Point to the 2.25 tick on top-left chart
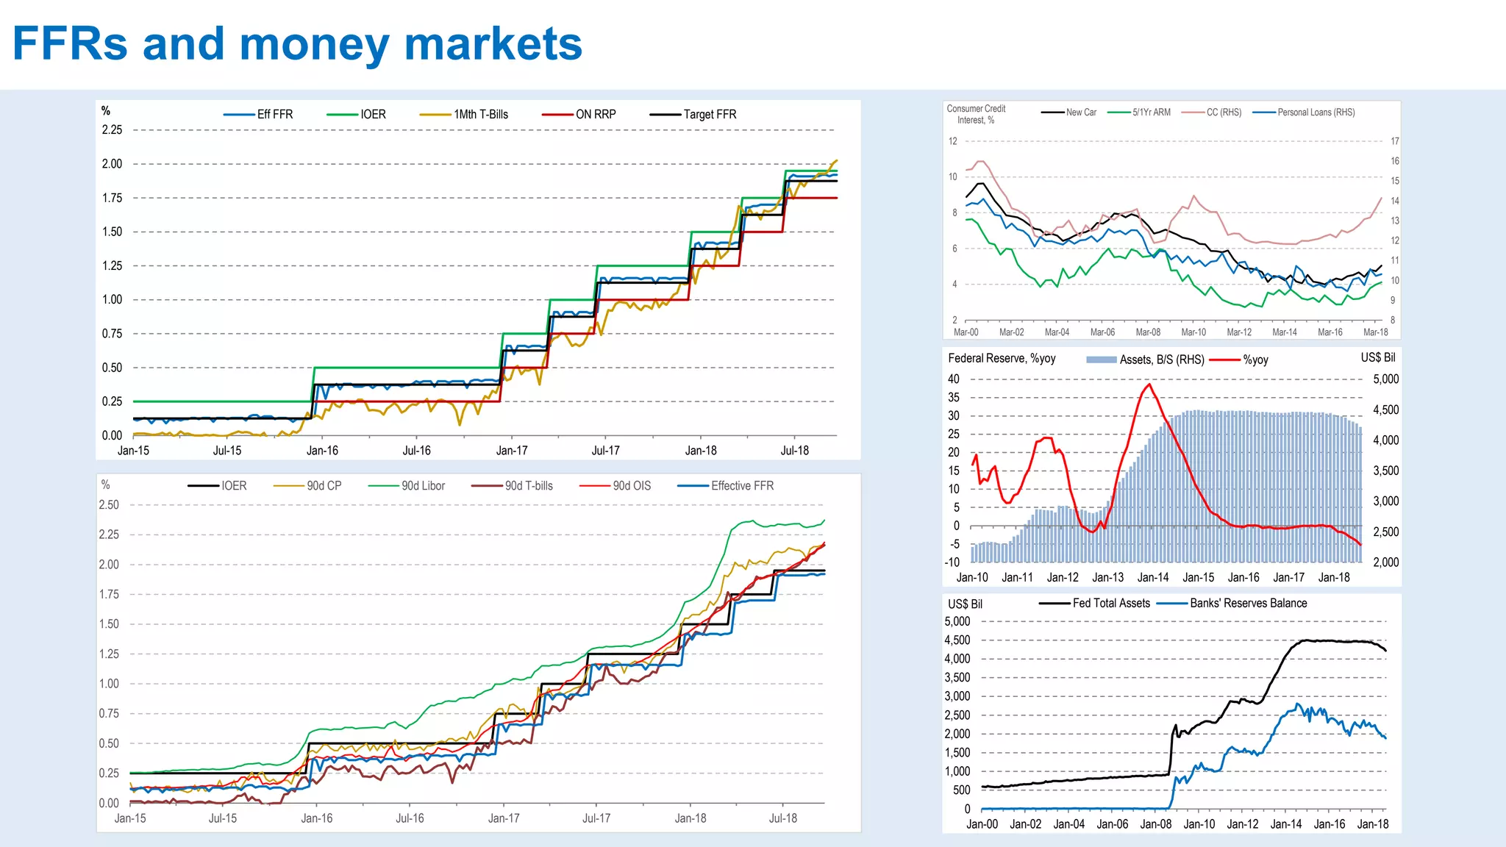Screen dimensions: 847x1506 [x=112, y=130]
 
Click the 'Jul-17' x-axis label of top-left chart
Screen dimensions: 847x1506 [x=605, y=451]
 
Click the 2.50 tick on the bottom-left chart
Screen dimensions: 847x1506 [x=109, y=505]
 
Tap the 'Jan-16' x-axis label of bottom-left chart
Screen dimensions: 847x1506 [x=317, y=818]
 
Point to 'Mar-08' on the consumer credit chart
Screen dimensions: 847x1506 [x=1148, y=332]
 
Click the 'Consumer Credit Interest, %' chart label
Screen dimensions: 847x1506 [x=976, y=114]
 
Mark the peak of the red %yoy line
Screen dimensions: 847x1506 [x=1149, y=384]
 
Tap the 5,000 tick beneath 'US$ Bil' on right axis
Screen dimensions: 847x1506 [x=1385, y=379]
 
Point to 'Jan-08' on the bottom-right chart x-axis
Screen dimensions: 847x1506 [x=1155, y=824]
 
